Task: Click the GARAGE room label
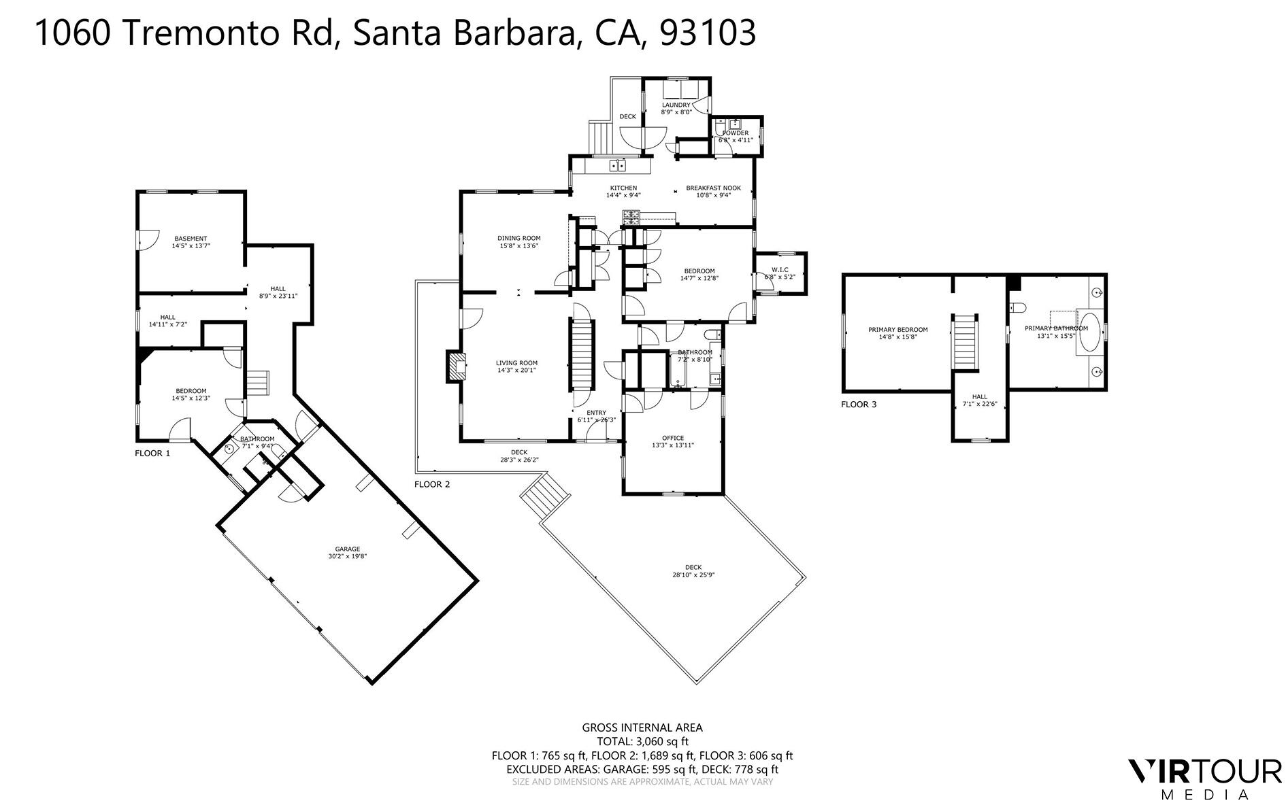pyautogui.click(x=347, y=549)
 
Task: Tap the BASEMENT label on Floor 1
pyautogui.click(x=191, y=239)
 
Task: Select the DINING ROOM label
pyautogui.click(x=518, y=239)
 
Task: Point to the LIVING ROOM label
pyautogui.click(x=516, y=363)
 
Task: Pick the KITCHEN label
pyautogui.click(x=623, y=188)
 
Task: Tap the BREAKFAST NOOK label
pyautogui.click(x=713, y=188)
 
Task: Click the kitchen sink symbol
pyautogui.click(x=618, y=165)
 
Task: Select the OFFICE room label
pyautogui.click(x=673, y=439)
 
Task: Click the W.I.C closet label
pyautogui.click(x=780, y=270)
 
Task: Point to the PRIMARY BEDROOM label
pyautogui.click(x=897, y=330)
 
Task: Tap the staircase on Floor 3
pyautogui.click(x=964, y=342)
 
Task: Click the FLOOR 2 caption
pyautogui.click(x=432, y=485)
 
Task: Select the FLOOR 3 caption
pyautogui.click(x=859, y=405)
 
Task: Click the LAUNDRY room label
pyautogui.click(x=676, y=105)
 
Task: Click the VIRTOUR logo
pyautogui.click(x=1204, y=772)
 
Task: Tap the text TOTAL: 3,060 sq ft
pyautogui.click(x=642, y=742)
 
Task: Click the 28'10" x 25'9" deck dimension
pyautogui.click(x=693, y=575)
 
